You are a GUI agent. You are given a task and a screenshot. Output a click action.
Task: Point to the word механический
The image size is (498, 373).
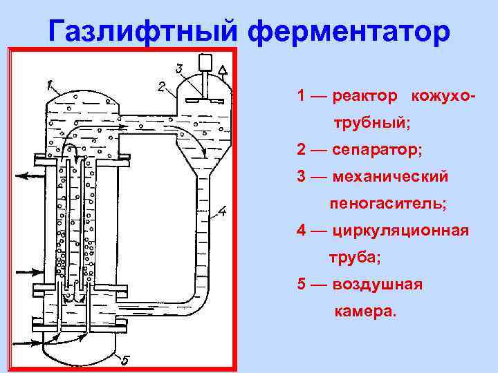click(x=390, y=176)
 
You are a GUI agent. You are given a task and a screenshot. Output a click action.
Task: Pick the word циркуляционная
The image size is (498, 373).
click(x=400, y=230)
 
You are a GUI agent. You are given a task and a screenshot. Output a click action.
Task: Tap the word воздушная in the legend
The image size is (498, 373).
click(x=377, y=285)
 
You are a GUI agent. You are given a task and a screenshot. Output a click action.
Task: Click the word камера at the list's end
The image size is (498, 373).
click(x=366, y=312)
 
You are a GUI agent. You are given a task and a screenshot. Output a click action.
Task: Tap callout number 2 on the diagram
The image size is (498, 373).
click(x=161, y=87)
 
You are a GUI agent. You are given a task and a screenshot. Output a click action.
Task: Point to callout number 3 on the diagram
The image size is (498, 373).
click(x=179, y=68)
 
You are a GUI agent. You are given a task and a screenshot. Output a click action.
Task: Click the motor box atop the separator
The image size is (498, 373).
click(x=205, y=63)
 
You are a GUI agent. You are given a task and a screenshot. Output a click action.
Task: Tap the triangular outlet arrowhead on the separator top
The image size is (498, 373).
click(x=223, y=70)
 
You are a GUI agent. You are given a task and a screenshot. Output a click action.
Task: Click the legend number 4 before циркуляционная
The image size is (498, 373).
click(x=302, y=230)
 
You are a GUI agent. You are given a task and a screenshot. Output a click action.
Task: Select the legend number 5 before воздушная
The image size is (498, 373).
click(x=302, y=285)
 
